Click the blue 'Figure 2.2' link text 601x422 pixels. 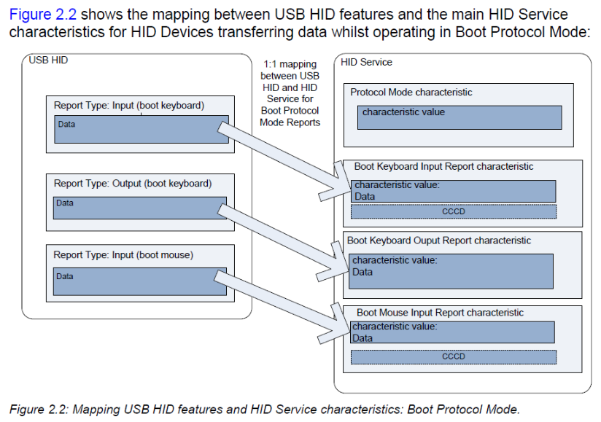(x=42, y=15)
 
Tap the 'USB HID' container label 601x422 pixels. (x=48, y=60)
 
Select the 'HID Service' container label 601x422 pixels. (x=366, y=62)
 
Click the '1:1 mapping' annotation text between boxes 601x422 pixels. (x=290, y=64)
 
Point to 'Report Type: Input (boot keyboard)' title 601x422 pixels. (x=129, y=105)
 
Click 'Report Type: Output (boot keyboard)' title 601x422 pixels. (x=133, y=184)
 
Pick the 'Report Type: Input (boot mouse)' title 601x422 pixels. (x=123, y=254)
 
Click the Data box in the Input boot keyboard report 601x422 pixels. (x=141, y=130)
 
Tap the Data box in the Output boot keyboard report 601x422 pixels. (x=140, y=208)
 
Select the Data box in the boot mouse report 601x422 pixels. (x=140, y=281)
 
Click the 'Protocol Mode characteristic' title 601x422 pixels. (x=411, y=93)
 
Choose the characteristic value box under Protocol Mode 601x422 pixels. (x=460, y=117)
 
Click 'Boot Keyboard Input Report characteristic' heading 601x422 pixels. (x=443, y=166)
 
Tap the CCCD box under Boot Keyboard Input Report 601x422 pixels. (x=454, y=211)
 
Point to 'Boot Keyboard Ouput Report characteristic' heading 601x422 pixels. (x=439, y=241)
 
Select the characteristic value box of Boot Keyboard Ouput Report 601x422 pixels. (x=451, y=271)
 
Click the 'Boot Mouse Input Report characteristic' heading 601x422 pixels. (x=440, y=313)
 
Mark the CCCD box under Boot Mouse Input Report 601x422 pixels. (x=454, y=356)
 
